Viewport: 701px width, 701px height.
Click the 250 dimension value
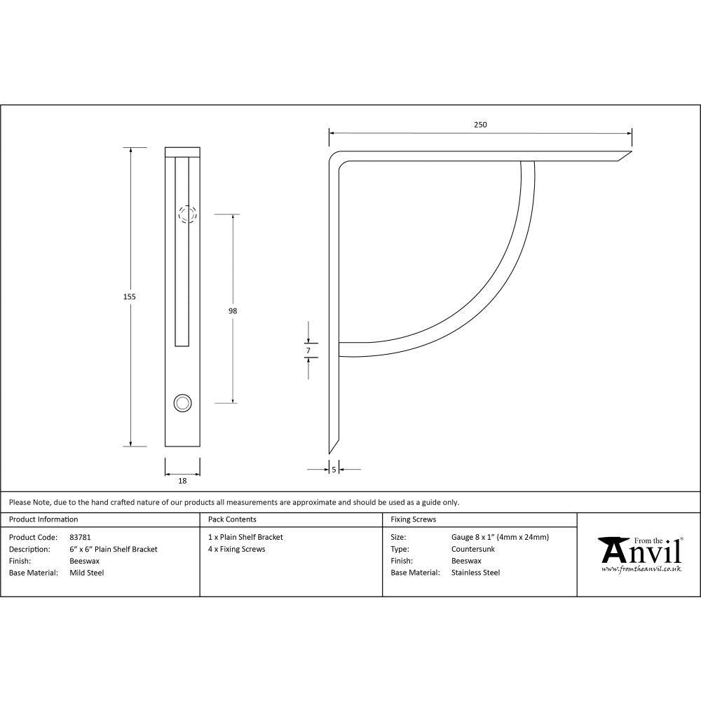(x=479, y=125)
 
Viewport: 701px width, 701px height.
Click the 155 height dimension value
(x=129, y=297)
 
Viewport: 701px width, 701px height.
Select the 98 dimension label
(x=233, y=311)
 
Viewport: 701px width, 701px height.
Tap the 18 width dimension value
(x=182, y=481)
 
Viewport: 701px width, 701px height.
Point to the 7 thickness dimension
(x=308, y=350)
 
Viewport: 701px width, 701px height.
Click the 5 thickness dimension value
(x=334, y=469)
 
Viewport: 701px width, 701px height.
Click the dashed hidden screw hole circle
(x=186, y=214)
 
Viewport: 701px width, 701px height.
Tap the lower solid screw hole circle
(x=182, y=402)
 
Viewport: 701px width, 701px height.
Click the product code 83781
(x=81, y=538)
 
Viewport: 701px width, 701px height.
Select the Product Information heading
(x=43, y=519)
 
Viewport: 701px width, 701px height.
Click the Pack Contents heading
(x=232, y=519)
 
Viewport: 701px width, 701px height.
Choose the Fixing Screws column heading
(x=413, y=519)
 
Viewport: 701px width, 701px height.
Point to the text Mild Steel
(x=86, y=573)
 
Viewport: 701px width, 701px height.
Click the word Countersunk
(x=473, y=550)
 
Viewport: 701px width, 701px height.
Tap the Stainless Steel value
(x=475, y=573)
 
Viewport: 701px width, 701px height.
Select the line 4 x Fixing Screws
(x=236, y=550)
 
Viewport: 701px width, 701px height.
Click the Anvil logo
(x=639, y=551)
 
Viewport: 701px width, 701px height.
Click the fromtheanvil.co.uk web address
(x=641, y=569)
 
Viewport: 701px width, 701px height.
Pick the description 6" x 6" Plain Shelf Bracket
(x=114, y=550)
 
